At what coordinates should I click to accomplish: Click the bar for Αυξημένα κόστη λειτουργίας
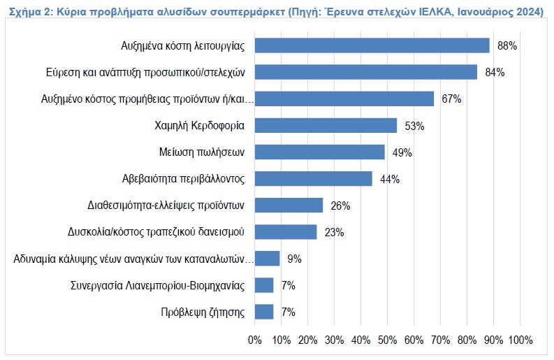point(372,45)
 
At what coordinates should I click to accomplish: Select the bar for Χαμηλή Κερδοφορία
point(326,126)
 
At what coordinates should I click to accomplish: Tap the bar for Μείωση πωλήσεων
point(319,152)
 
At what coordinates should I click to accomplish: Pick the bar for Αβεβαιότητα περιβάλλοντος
point(313,179)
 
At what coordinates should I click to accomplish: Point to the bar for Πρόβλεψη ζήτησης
point(264,312)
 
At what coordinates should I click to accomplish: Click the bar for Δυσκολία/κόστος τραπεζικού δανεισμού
point(285,232)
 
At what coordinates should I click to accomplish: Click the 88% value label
point(506,46)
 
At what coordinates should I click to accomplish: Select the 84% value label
point(495,73)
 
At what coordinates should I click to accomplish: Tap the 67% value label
point(451,99)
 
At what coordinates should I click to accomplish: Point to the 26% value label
point(340,206)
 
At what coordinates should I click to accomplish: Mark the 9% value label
point(294,259)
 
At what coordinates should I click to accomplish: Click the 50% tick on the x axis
point(387,340)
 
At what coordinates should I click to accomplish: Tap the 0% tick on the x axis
point(255,340)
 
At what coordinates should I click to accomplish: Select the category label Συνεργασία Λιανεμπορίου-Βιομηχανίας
point(158,285)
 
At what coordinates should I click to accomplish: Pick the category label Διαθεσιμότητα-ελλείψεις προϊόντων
point(166,206)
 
